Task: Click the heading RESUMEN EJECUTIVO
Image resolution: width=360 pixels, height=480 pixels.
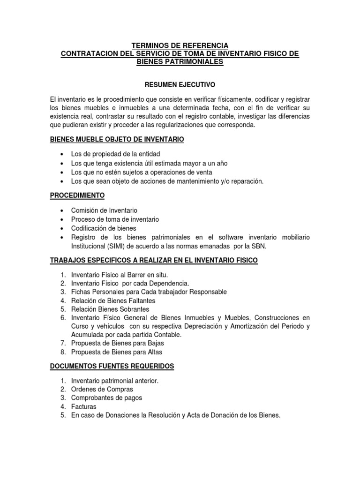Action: click(180, 85)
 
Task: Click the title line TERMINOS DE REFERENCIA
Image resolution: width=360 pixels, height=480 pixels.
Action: click(180, 45)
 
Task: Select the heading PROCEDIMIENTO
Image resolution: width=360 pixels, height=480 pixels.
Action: click(77, 195)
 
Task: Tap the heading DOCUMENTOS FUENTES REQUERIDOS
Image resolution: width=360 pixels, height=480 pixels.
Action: click(112, 366)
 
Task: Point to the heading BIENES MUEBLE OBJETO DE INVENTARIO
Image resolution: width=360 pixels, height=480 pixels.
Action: click(117, 140)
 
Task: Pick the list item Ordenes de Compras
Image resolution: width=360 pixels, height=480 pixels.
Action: click(102, 389)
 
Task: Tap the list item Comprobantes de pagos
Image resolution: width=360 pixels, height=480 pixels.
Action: click(106, 397)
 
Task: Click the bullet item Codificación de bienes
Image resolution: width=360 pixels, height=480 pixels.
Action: click(104, 228)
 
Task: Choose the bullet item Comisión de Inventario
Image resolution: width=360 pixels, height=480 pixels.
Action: click(104, 210)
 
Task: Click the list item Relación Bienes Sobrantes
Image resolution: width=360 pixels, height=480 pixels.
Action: click(110, 309)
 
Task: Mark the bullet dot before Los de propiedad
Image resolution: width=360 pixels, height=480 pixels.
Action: click(62, 154)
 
